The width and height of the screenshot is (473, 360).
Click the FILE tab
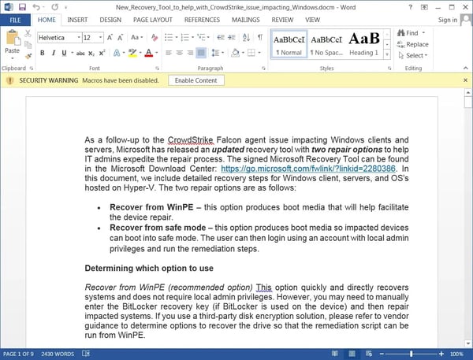(x=15, y=19)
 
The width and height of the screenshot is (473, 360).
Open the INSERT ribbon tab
(x=77, y=19)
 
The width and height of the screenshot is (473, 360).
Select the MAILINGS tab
(x=244, y=19)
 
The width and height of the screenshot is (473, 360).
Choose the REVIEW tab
(x=281, y=19)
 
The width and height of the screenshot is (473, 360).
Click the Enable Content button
(x=195, y=80)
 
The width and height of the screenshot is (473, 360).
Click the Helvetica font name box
(x=58, y=37)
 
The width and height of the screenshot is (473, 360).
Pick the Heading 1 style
(x=363, y=43)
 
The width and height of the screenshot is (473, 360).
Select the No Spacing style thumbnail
(x=326, y=43)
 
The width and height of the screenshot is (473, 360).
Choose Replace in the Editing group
(x=415, y=44)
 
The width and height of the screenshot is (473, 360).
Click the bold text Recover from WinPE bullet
(x=140, y=206)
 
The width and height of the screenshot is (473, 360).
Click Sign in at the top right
(x=446, y=20)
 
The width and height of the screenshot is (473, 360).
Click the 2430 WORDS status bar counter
(x=58, y=354)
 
